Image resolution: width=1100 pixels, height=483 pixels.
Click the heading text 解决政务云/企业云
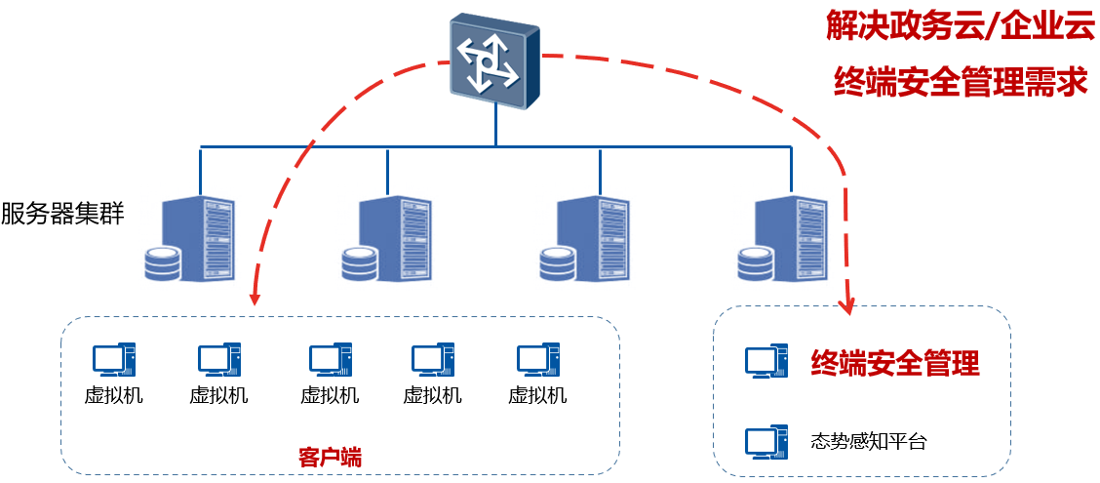(x=961, y=26)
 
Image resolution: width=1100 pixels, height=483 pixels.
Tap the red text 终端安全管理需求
(x=961, y=83)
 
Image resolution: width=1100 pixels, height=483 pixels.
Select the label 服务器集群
(x=62, y=214)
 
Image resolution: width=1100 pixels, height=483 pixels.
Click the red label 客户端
(x=330, y=457)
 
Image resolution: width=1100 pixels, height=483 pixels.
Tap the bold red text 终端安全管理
(x=895, y=364)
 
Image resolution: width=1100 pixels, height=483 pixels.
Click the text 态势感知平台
(x=868, y=441)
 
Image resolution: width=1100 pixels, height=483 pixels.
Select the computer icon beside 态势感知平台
(x=766, y=441)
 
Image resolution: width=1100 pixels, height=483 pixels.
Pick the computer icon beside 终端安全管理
(x=766, y=361)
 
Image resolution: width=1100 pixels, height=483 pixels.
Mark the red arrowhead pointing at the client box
(x=255, y=297)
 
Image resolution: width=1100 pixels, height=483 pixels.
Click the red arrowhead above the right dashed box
(x=848, y=305)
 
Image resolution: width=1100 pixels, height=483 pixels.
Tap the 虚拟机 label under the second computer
(x=218, y=395)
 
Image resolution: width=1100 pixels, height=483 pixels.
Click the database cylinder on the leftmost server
(x=162, y=264)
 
